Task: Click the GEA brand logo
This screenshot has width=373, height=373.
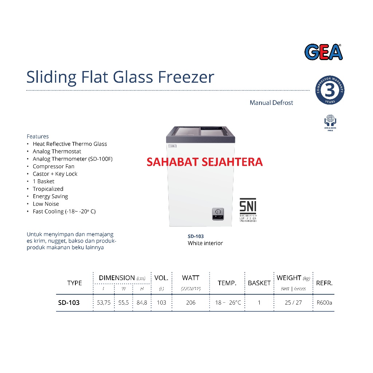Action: click(323, 52)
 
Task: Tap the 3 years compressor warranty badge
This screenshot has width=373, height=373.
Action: click(330, 90)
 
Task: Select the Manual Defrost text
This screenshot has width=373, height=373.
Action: click(271, 103)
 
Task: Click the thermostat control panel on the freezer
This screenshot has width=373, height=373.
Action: click(218, 214)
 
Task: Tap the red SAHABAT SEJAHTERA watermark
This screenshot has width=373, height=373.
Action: click(205, 162)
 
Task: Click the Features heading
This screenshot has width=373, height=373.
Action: click(38, 136)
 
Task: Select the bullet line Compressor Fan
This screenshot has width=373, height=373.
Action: click(54, 166)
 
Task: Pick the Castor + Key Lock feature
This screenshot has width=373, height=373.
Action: click(55, 174)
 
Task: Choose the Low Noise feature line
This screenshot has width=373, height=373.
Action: click(46, 204)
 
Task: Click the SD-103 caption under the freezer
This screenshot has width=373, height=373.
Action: click(196, 236)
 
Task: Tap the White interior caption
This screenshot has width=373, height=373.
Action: click(205, 243)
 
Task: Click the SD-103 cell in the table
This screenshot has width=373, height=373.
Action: click(69, 303)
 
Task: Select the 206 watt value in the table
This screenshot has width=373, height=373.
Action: click(191, 303)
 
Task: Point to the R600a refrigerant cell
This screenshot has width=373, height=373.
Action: click(324, 303)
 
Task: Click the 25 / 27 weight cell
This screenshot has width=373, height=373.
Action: click(293, 303)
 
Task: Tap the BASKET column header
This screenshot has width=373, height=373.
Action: click(259, 283)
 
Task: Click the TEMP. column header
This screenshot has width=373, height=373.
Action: click(227, 283)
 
